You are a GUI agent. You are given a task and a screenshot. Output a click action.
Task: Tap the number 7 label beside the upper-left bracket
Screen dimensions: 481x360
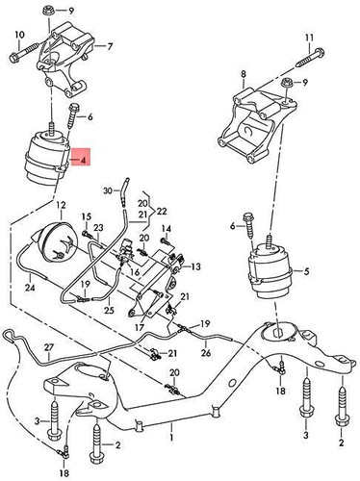109,45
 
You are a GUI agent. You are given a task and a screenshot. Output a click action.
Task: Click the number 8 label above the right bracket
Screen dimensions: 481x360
244,74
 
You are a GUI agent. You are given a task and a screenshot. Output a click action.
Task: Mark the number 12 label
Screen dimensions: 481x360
60,206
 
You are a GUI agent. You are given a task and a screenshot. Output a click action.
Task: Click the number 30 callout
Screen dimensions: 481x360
109,190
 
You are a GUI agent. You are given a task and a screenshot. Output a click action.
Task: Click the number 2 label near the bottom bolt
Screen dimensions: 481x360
117,446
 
